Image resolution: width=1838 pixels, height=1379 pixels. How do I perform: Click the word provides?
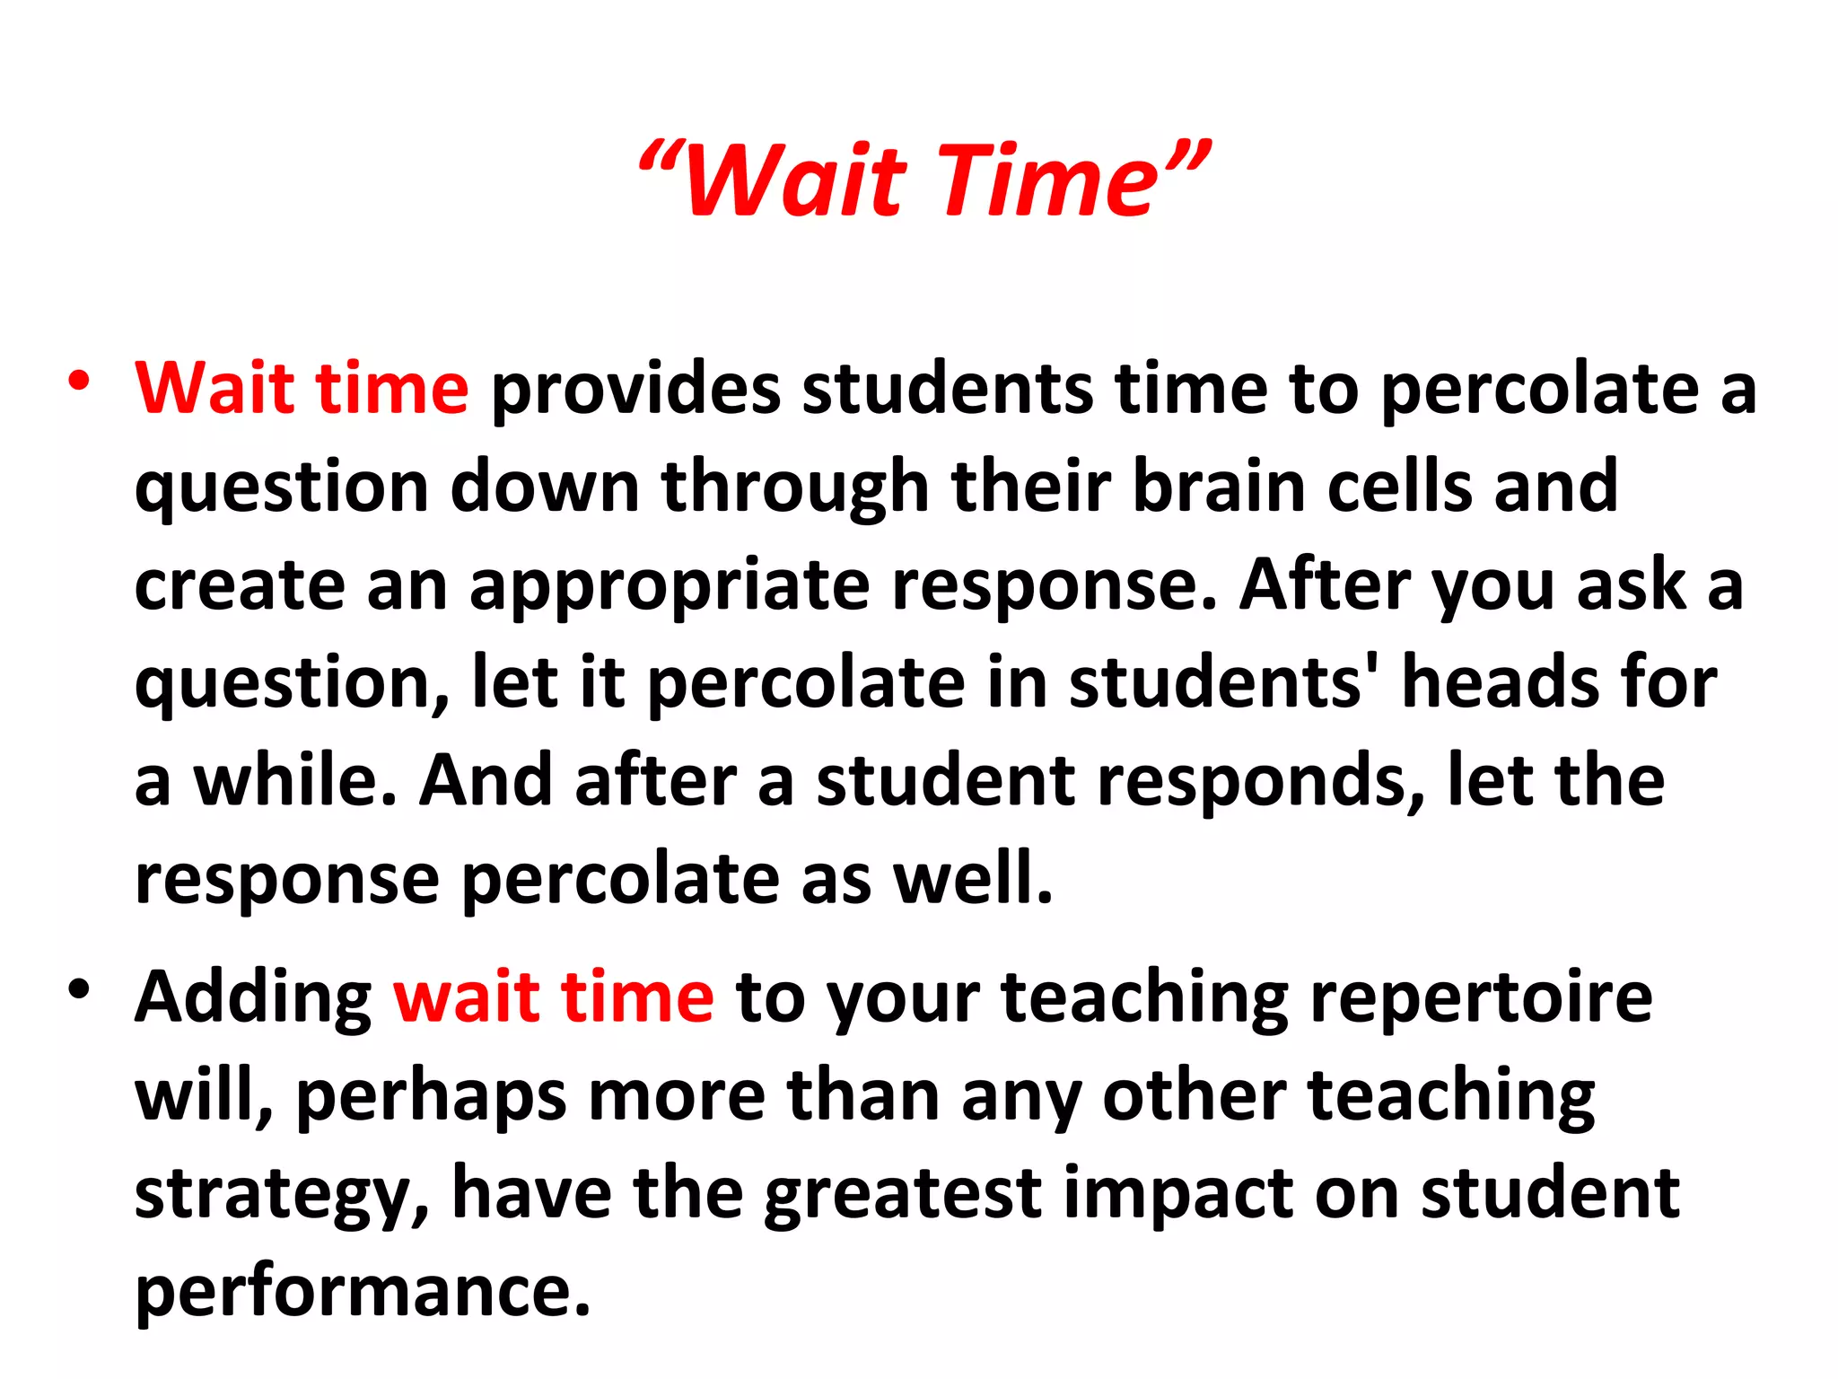pos(635,390)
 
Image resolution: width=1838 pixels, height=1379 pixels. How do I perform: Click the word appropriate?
pos(670,587)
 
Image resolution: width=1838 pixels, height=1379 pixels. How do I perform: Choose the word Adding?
pos(253,998)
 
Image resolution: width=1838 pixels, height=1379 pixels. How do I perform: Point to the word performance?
pos(363,1293)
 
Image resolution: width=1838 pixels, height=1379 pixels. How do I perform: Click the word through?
pos(795,488)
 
